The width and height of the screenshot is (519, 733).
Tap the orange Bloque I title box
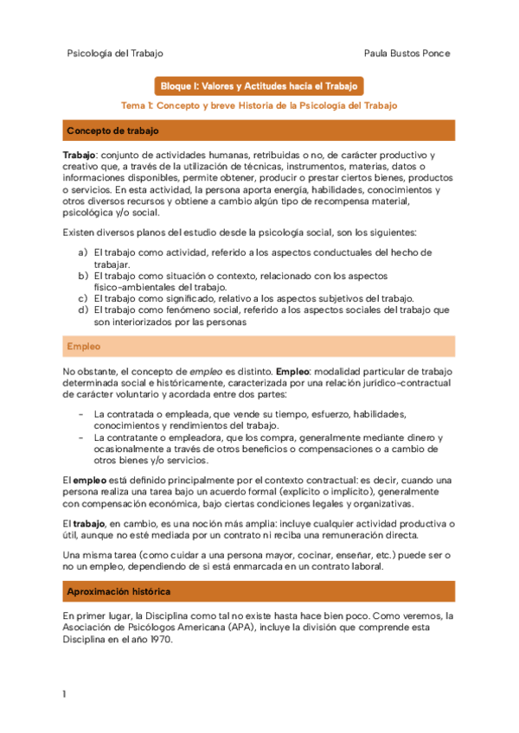point(259,86)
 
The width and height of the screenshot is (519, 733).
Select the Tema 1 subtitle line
point(259,106)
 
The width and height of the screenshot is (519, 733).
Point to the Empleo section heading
point(85,347)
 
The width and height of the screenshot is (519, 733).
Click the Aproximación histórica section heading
point(119,591)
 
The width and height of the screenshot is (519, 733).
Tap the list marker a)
point(83,252)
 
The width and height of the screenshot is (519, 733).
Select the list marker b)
point(83,275)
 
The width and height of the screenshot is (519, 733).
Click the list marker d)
point(83,309)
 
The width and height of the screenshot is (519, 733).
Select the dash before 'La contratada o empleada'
point(80,414)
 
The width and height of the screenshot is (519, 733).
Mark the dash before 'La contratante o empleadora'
point(80,438)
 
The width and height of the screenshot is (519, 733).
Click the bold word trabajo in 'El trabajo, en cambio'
point(88,524)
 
